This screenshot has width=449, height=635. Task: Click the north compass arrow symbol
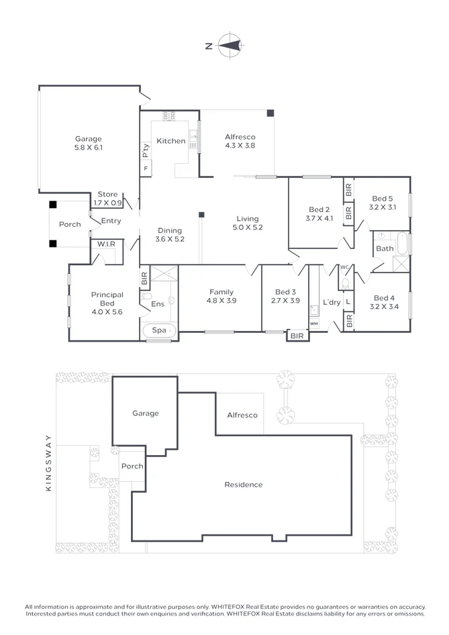[231, 46]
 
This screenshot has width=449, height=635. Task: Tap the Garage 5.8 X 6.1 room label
[89, 144]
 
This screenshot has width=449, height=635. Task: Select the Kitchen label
[170, 141]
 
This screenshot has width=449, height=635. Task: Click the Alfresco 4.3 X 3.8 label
[240, 141]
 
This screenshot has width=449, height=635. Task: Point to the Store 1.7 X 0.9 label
[107, 199]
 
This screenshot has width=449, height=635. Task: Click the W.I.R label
[105, 244]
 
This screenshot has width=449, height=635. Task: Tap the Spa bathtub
[159, 330]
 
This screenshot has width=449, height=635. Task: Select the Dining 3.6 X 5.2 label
[169, 235]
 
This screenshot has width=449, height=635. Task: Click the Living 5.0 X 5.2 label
[247, 223]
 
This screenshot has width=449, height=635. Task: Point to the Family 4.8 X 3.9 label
[221, 296]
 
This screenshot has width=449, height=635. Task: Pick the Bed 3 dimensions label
[285, 301]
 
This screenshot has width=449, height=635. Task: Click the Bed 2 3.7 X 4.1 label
[318, 213]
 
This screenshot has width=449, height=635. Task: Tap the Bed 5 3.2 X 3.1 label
[383, 203]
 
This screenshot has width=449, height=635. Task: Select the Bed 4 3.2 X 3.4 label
[383, 302]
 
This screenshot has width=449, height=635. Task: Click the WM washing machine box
[313, 324]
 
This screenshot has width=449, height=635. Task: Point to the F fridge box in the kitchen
[146, 168]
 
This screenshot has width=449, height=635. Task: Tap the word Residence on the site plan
[243, 485]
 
